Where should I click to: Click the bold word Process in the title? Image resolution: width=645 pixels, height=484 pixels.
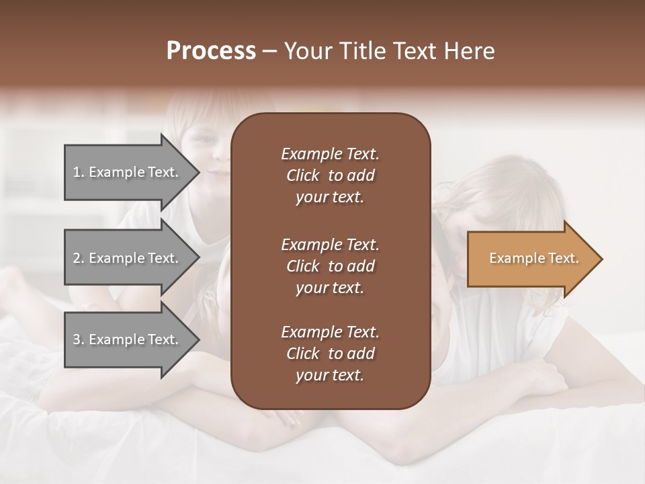coord(211,51)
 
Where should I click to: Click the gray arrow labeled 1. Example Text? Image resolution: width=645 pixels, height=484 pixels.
coord(128,172)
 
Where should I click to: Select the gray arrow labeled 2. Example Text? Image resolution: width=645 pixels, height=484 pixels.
coord(128,258)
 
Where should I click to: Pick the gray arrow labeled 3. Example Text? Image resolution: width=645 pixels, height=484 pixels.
coord(128,339)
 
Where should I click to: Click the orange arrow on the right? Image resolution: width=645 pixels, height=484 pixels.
coord(531,259)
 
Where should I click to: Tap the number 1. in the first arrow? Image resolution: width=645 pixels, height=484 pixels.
coord(79,172)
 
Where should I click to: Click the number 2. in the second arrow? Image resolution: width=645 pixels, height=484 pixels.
coord(79,258)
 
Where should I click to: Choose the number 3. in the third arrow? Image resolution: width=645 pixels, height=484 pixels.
coord(79,339)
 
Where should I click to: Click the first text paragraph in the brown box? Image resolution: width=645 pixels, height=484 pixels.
coord(330,175)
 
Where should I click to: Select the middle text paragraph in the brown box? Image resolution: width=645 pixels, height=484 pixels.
coord(330,266)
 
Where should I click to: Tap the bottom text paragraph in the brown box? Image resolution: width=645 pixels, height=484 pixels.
coord(330,354)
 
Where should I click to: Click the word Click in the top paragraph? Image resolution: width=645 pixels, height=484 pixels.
coord(302,175)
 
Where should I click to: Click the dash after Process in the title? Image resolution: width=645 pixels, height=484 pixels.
coord(270,52)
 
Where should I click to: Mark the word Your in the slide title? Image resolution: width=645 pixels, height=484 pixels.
coord(306,51)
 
